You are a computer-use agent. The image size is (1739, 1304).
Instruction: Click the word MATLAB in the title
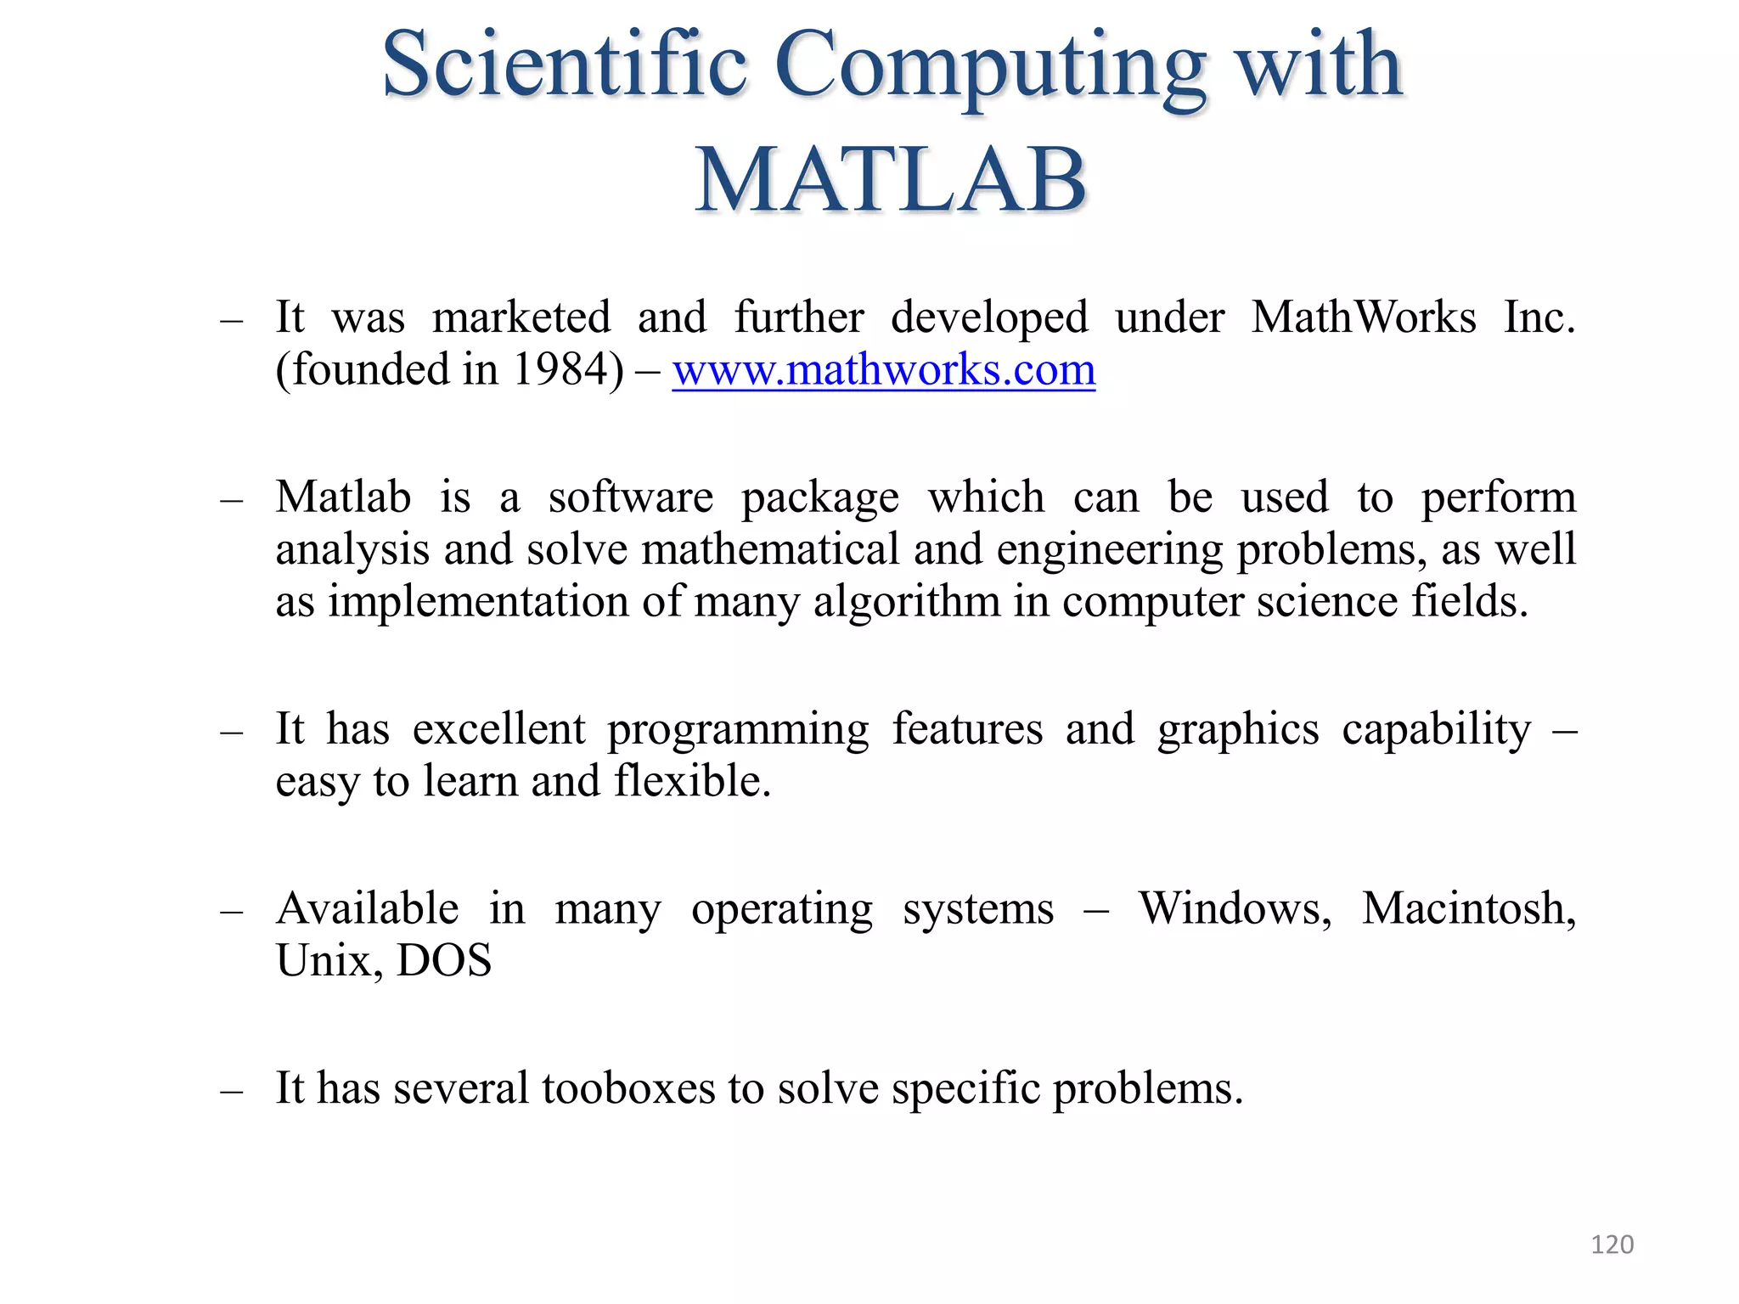coord(891,180)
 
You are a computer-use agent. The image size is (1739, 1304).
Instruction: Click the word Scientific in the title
coord(565,65)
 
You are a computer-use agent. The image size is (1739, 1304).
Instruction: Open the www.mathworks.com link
coord(884,370)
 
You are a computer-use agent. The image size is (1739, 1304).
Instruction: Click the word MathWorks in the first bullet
coord(1364,318)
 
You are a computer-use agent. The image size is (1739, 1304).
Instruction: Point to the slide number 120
coord(1612,1245)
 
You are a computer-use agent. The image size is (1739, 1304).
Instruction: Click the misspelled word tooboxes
coord(628,1088)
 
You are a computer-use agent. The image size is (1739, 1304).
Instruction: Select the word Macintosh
coord(1469,909)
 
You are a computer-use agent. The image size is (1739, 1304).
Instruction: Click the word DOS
coord(444,961)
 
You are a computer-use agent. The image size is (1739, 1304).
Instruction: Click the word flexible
coord(691,781)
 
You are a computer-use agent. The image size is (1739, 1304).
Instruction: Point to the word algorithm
coord(907,602)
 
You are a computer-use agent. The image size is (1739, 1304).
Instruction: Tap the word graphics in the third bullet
coord(1238,730)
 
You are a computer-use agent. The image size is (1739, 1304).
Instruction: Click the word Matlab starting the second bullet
coord(343,497)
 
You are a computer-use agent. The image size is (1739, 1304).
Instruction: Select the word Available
coord(368,909)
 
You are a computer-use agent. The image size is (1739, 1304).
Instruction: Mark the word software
coord(630,497)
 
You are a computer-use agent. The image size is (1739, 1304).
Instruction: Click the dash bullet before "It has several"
coord(231,1090)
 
